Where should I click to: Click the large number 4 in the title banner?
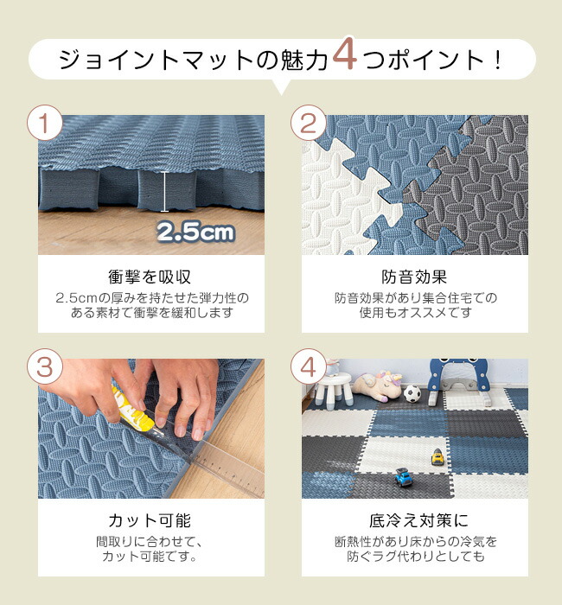(x=345, y=54)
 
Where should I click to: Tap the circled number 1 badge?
(x=45, y=123)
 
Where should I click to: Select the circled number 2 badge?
(x=309, y=123)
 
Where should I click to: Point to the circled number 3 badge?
(x=45, y=366)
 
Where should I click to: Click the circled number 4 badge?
(x=309, y=366)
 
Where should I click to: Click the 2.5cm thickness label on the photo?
(x=195, y=232)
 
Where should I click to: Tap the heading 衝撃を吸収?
(x=150, y=277)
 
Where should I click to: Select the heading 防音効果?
(x=414, y=277)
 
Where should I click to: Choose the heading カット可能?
(x=150, y=520)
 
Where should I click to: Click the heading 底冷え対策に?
(x=418, y=520)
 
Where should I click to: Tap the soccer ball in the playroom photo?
(x=412, y=393)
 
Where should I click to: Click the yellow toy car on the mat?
(x=437, y=457)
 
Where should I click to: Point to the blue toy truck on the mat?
(x=404, y=477)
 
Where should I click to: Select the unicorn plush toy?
(x=376, y=385)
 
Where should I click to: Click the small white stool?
(x=334, y=389)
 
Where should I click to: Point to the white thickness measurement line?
(x=165, y=191)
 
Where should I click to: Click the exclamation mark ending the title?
(x=498, y=60)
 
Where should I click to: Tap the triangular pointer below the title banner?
(x=281, y=86)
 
